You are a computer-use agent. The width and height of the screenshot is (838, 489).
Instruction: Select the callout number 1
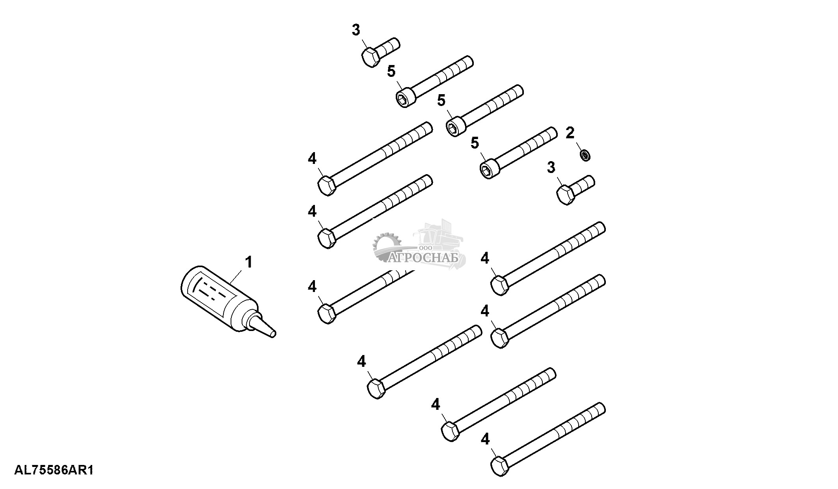249,262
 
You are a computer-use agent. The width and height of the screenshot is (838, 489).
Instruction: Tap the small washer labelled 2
585,155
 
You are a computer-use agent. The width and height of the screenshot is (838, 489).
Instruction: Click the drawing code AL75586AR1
54,470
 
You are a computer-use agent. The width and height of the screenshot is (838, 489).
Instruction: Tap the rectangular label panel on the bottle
213,293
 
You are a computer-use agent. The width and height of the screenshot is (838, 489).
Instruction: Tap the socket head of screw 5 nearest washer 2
490,168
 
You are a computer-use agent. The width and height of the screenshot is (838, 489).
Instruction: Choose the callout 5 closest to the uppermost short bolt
391,71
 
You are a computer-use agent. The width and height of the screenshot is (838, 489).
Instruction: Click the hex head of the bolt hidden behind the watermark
327,314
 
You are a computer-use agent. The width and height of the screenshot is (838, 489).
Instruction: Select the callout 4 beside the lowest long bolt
485,439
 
